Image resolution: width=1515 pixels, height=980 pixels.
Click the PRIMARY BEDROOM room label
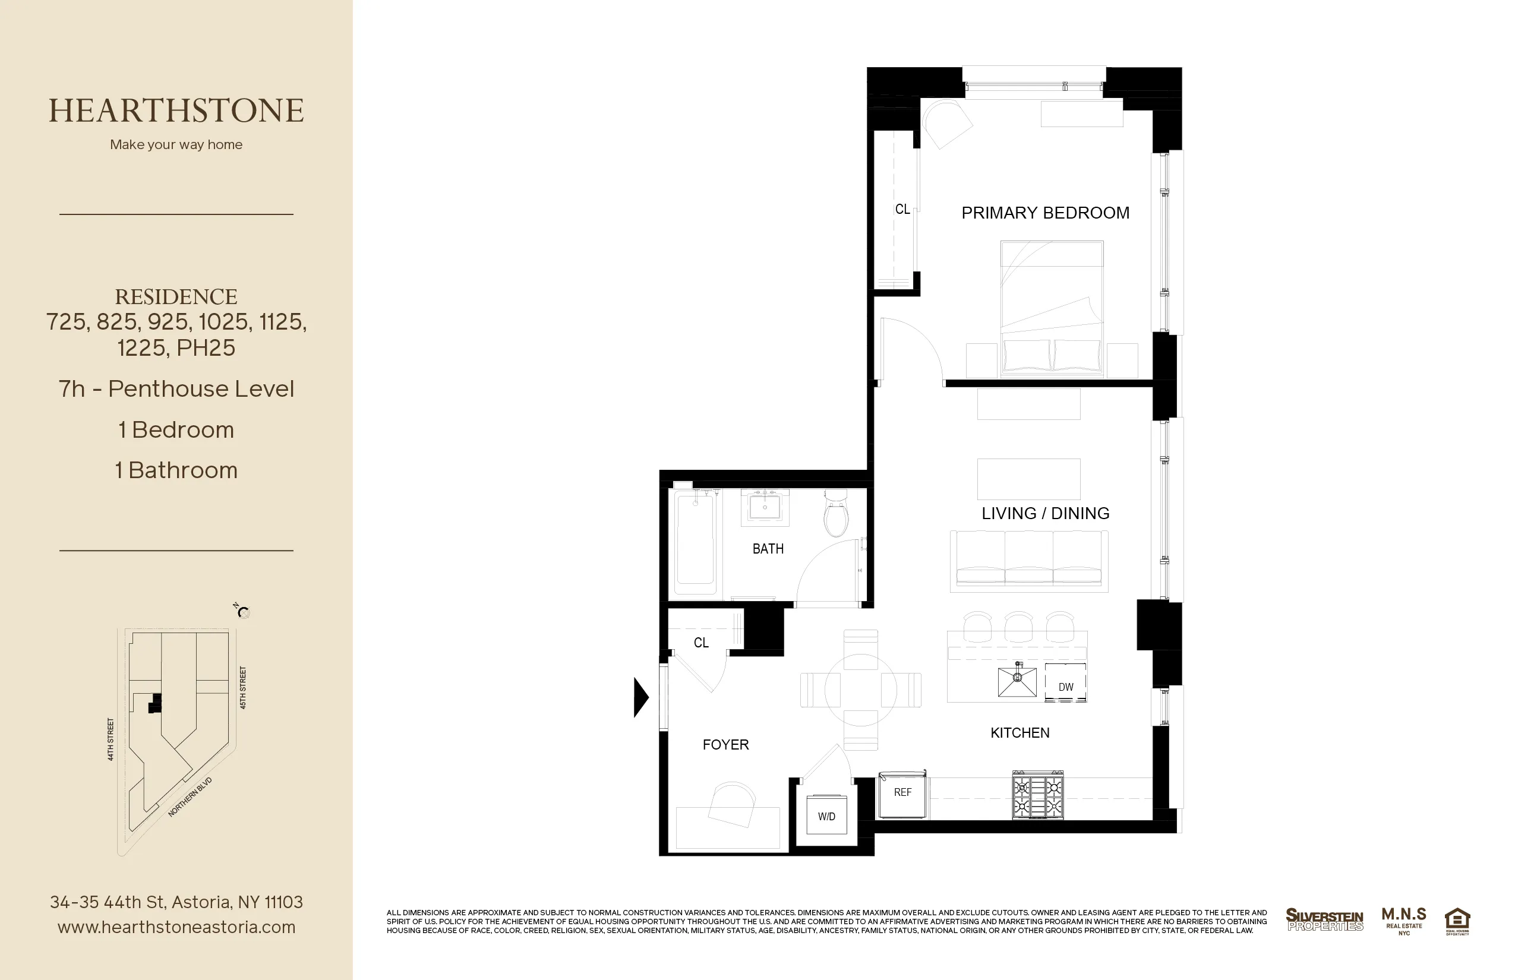(x=1045, y=213)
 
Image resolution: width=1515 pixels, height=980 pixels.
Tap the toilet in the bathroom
(x=836, y=514)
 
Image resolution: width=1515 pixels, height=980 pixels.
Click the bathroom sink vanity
(x=765, y=507)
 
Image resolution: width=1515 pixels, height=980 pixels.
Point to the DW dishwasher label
(x=1066, y=687)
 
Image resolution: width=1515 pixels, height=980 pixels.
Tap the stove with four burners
(x=1037, y=795)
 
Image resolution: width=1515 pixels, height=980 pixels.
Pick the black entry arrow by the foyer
(x=640, y=697)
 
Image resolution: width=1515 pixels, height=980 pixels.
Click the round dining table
(x=860, y=690)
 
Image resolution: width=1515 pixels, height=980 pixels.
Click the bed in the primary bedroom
(x=1052, y=308)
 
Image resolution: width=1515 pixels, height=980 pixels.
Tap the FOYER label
(x=725, y=745)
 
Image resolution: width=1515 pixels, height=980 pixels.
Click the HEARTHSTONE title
(x=176, y=110)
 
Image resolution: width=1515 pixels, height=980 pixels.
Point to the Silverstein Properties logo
(x=1324, y=920)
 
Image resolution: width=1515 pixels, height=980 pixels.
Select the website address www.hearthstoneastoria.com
(x=176, y=927)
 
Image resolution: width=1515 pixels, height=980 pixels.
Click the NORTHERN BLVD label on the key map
(x=190, y=796)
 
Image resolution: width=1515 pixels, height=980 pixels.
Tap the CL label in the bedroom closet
(x=902, y=209)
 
